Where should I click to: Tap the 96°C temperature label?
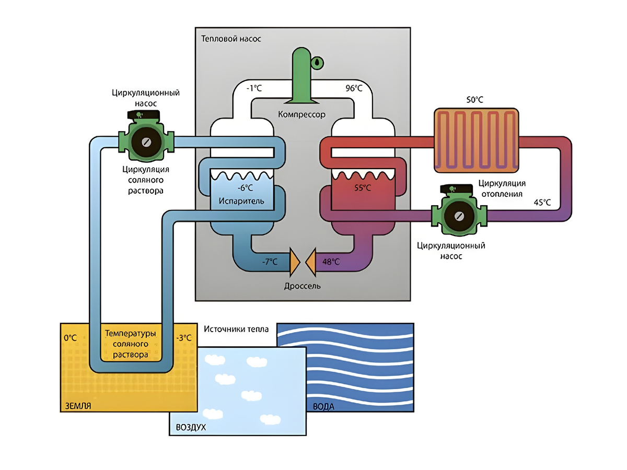[x=354, y=88]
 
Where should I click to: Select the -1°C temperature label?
[x=254, y=88]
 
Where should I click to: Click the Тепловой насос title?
[x=230, y=39]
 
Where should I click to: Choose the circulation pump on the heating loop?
[x=459, y=215]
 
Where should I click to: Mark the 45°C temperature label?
[x=542, y=202]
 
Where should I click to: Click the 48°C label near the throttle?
[x=331, y=261]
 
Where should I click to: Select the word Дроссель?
[x=303, y=286]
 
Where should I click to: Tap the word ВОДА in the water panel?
[x=323, y=406]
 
